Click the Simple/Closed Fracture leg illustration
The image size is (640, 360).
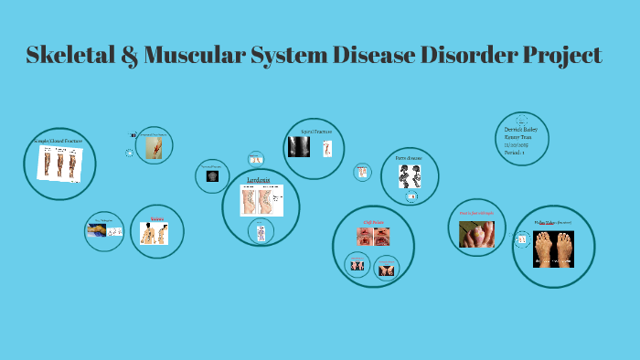pyautogui.click(x=59, y=164)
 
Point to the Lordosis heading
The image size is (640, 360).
pyautogui.click(x=259, y=180)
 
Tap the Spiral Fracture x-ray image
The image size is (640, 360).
pyautogui.click(x=299, y=146)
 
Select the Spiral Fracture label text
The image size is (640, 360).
pyautogui.click(x=316, y=132)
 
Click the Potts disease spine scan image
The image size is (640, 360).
pyautogui.click(x=410, y=175)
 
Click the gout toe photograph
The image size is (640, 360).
pyautogui.click(x=476, y=234)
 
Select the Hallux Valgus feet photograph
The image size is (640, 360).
pyautogui.click(x=553, y=248)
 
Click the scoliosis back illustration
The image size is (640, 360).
pyautogui.click(x=154, y=234)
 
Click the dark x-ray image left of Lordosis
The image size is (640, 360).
pyautogui.click(x=212, y=175)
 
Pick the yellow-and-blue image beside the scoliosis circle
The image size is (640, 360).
pyautogui.click(x=96, y=231)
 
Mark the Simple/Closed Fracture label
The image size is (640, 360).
pyautogui.click(x=58, y=141)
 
